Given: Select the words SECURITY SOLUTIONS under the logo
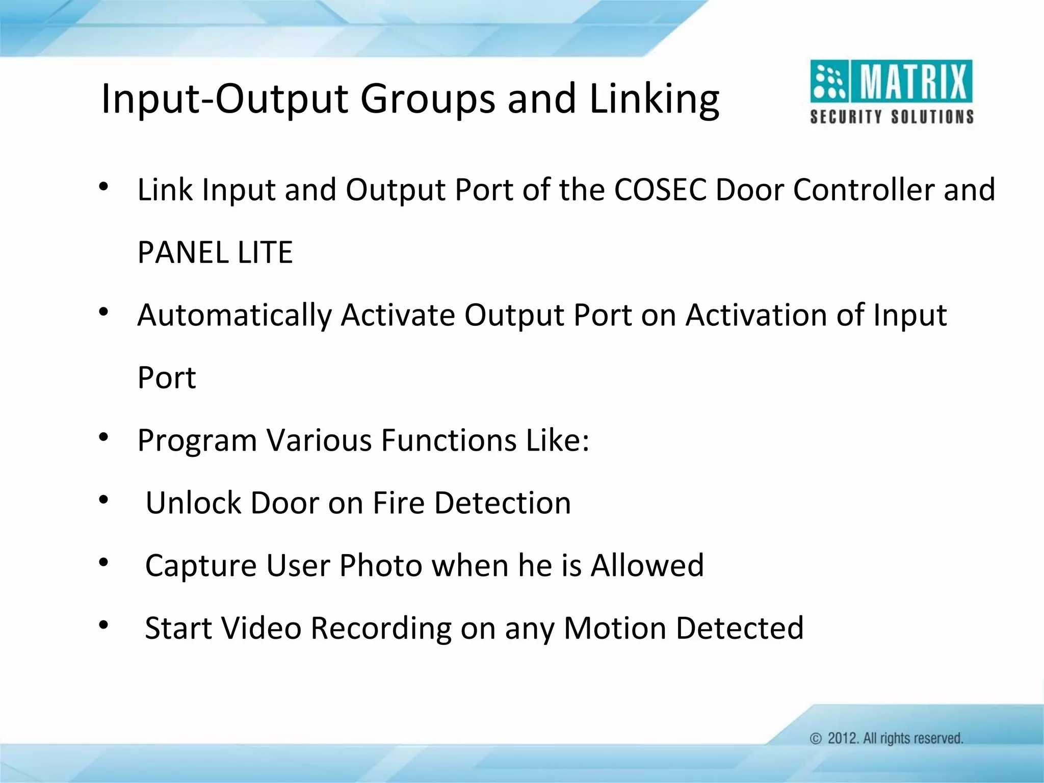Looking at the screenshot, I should point(892,117).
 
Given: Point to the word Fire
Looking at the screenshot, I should point(399,503).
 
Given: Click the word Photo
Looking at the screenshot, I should point(381,566).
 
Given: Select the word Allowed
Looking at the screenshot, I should point(647,566).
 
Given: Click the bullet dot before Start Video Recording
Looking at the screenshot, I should point(103,625).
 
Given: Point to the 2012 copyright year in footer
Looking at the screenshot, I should point(843,738).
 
